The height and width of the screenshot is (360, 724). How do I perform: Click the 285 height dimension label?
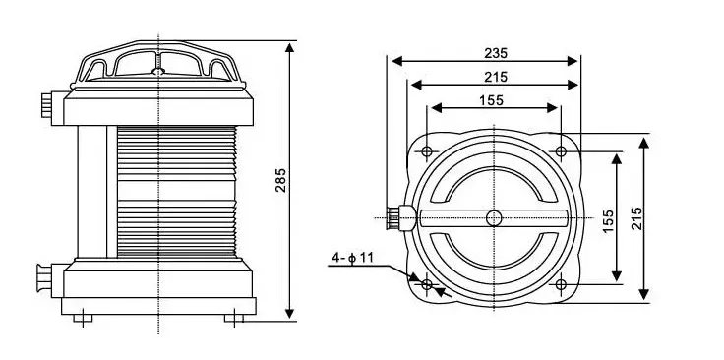pyautogui.click(x=280, y=180)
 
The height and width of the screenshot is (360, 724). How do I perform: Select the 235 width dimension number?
pyautogui.click(x=496, y=53)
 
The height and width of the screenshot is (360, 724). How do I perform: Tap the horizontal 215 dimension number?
pyautogui.click(x=496, y=77)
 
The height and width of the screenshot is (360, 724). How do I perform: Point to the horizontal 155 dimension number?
pyautogui.click(x=491, y=100)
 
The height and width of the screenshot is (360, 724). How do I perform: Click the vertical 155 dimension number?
pyautogui.click(x=608, y=221)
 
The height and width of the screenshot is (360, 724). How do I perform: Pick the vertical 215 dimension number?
pyautogui.click(x=636, y=218)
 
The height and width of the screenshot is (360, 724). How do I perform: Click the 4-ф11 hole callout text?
pyautogui.click(x=352, y=258)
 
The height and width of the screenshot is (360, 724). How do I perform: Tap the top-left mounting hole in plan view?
pyautogui.click(x=427, y=151)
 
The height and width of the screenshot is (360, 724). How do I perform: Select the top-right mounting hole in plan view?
pyautogui.click(x=561, y=151)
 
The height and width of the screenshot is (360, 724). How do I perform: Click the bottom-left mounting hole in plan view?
pyautogui.click(x=427, y=284)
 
